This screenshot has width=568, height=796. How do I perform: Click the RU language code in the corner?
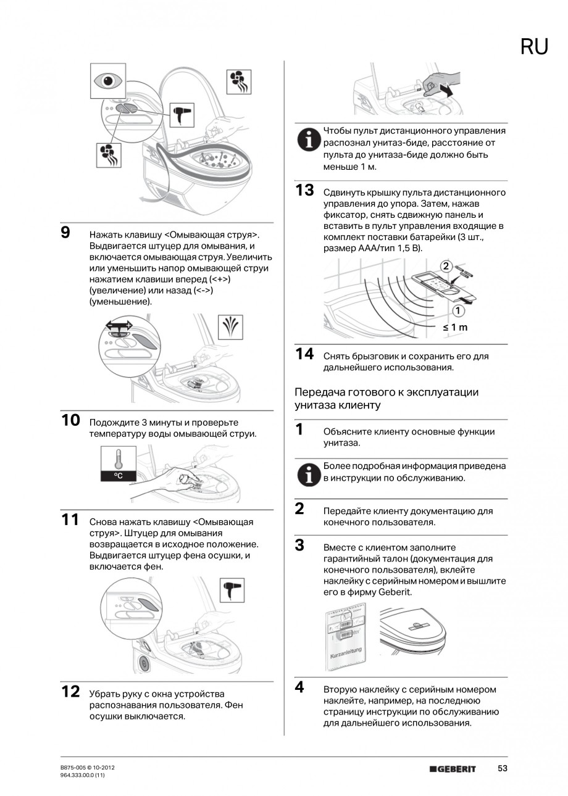[534, 47]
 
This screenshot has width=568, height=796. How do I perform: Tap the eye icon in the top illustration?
[108, 81]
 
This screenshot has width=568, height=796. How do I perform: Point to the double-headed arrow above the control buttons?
[119, 325]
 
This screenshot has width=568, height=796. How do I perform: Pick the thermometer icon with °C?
[117, 465]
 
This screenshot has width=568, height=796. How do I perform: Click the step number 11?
[71, 520]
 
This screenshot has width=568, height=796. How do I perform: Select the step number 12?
[71, 692]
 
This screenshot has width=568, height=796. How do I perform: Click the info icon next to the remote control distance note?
[306, 141]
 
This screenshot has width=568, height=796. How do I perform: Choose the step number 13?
[304, 191]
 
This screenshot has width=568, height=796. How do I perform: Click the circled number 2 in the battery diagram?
[446, 266]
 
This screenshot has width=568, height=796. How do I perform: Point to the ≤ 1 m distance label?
[455, 327]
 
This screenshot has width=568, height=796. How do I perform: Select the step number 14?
[304, 354]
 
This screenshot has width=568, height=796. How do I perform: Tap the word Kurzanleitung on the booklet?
[345, 653]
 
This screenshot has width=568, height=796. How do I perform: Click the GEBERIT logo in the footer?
[453, 769]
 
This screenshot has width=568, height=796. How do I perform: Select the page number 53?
[503, 768]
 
